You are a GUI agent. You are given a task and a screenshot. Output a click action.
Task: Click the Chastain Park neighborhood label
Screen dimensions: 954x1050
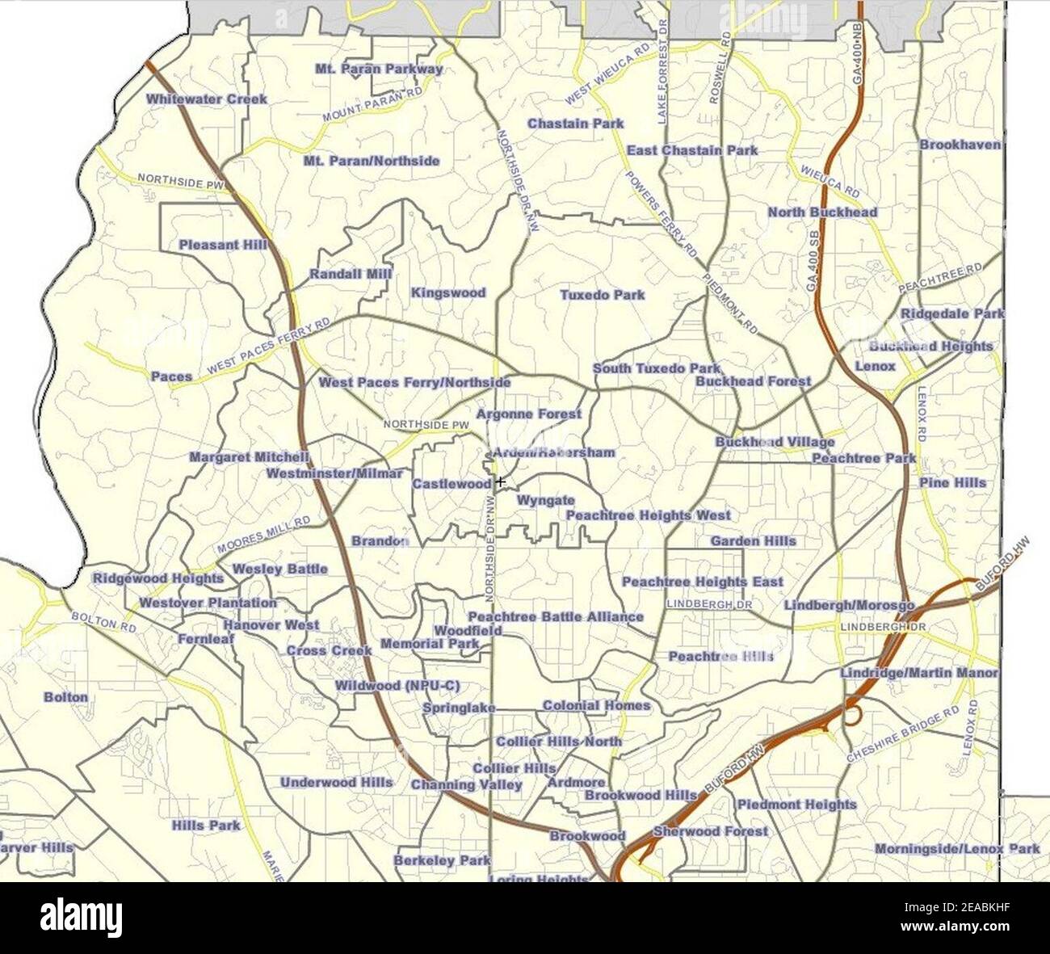[x=575, y=124]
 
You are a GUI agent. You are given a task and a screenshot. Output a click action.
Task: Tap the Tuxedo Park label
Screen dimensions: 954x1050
[x=603, y=295]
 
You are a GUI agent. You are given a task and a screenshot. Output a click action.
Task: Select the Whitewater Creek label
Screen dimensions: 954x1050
[x=206, y=99]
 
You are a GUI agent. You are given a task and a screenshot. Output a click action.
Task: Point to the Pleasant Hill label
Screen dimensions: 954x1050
[x=223, y=244]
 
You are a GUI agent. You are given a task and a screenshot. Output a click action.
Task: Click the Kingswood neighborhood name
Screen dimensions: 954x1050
[x=448, y=292]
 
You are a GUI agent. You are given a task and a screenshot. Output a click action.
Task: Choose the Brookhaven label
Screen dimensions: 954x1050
[x=960, y=145]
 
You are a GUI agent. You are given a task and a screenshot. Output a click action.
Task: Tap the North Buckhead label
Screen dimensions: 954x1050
[x=822, y=212]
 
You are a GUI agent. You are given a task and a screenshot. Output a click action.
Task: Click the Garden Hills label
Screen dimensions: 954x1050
[x=753, y=540]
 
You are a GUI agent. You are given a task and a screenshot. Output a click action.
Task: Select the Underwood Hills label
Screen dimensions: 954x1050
[x=336, y=782]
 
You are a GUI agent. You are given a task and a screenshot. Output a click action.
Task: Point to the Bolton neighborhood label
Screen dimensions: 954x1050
[x=65, y=696]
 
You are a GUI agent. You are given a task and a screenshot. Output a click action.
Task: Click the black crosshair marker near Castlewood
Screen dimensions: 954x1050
[x=501, y=482]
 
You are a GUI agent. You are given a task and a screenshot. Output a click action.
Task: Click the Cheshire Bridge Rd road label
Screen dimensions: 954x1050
[x=902, y=734]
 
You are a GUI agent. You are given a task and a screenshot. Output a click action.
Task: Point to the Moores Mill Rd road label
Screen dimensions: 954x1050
[x=263, y=534]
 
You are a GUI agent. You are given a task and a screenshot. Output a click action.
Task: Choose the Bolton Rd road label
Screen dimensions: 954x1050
[x=103, y=621]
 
